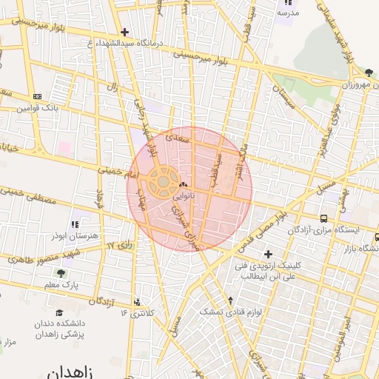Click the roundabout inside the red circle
point(162,181)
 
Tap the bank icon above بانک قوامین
point(37,96)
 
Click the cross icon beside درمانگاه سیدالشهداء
point(124,32)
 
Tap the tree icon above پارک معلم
point(61,273)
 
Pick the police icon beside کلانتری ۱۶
point(138,302)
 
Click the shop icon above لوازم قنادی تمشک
point(230,301)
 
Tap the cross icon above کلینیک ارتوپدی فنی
point(268,255)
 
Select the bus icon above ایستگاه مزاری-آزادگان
point(324,218)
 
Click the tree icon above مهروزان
point(369,73)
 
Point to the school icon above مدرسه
point(283,2)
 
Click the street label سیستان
point(284,95)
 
